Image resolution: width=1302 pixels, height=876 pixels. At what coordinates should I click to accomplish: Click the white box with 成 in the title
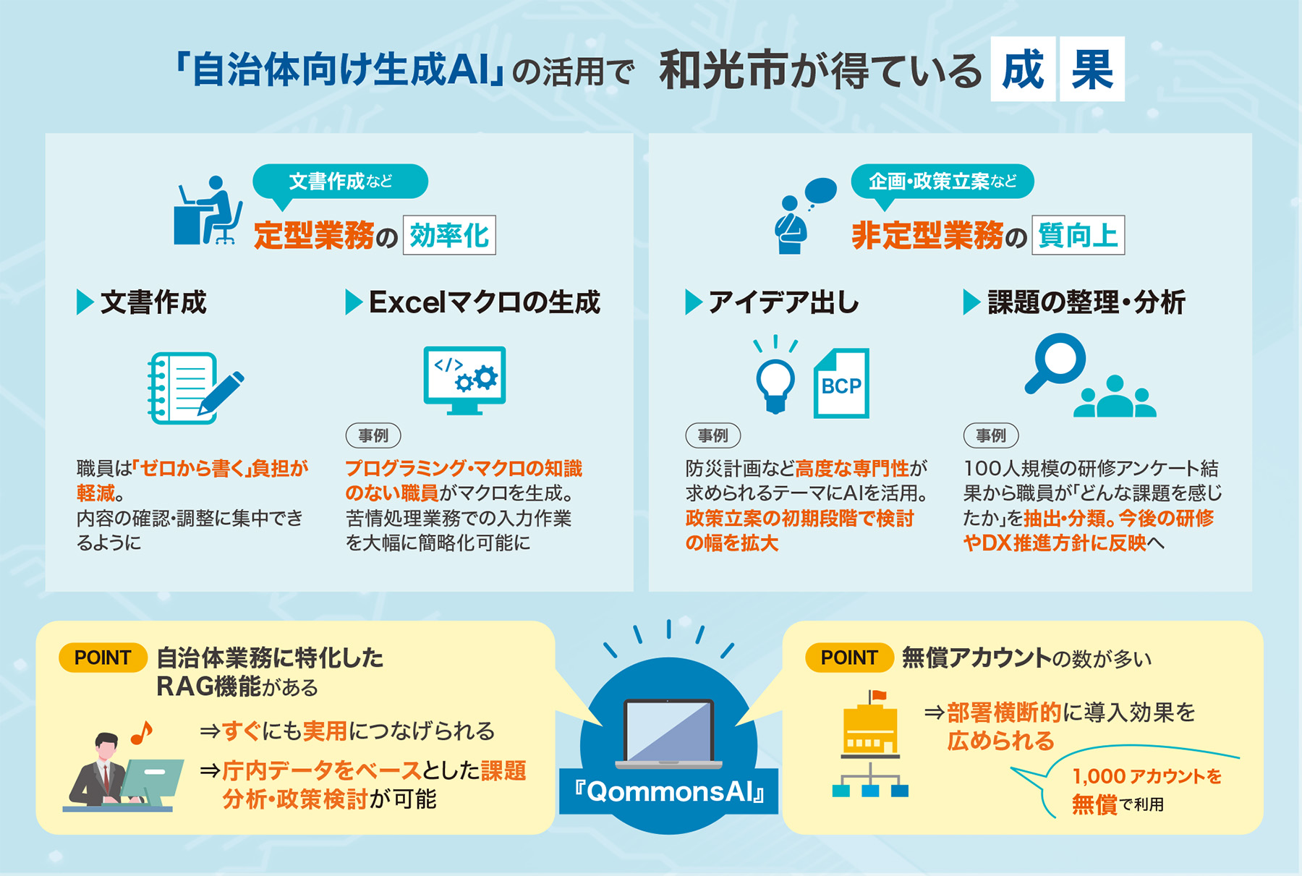point(1023,69)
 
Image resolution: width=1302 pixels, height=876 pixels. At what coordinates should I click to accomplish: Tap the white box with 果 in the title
point(1092,69)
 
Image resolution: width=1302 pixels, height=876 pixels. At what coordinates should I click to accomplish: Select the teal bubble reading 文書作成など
point(340,182)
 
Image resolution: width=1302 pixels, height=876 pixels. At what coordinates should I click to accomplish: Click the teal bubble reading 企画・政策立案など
point(942,182)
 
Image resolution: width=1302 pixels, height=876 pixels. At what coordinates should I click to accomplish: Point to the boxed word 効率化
point(449,235)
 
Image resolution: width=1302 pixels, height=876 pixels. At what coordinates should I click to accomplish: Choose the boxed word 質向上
point(1078,235)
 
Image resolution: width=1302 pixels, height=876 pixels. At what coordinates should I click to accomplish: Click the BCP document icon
point(841,383)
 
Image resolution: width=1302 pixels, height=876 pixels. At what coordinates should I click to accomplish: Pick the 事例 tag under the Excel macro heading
point(373,435)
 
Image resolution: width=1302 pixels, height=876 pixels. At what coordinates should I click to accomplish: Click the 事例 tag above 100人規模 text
point(991,435)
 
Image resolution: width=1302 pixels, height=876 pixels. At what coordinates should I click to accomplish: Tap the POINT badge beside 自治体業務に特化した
point(103,658)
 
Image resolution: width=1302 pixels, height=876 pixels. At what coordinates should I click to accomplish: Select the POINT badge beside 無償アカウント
point(849,658)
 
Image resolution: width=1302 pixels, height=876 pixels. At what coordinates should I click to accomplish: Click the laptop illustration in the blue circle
point(668,733)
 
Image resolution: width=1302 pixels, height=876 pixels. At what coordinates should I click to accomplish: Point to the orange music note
point(142,733)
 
